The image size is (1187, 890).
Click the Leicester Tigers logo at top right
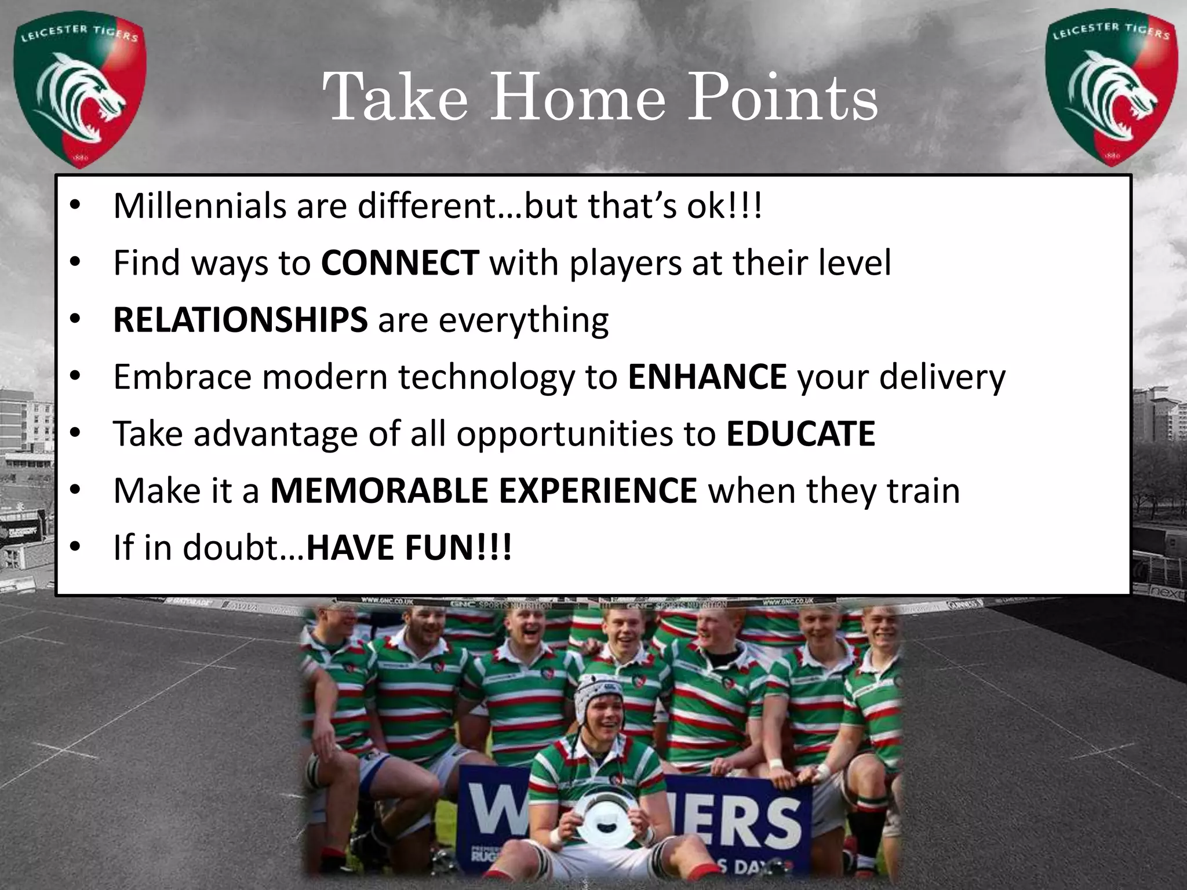pos(1111,87)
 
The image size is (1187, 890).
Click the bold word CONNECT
pos(400,262)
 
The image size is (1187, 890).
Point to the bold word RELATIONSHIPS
pos(240,319)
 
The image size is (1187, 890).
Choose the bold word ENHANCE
pos(707,377)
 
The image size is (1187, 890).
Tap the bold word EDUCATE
pos(800,433)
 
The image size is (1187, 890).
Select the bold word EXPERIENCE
pos(598,491)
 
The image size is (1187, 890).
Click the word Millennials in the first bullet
pos(199,206)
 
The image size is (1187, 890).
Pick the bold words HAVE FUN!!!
pos(409,548)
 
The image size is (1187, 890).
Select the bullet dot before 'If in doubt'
pos(74,548)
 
